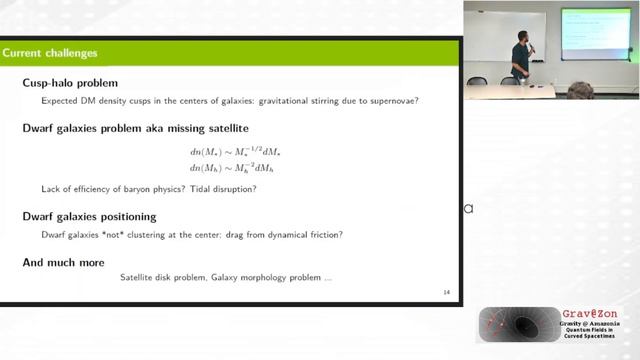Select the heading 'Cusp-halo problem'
click(x=70, y=83)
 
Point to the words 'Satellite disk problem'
click(x=160, y=276)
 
